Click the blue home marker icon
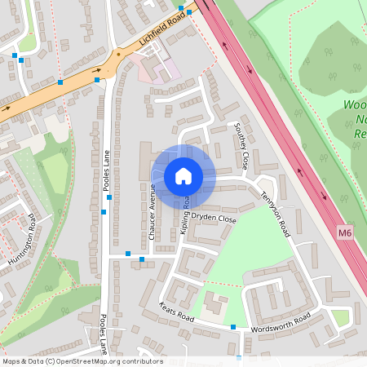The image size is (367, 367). tap(183, 176)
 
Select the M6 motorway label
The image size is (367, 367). tap(346, 233)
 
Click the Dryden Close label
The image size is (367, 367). tap(215, 220)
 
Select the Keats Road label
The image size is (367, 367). tap(175, 315)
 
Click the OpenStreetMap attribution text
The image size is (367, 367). tap(82, 361)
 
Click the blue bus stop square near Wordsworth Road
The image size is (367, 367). tap(233, 327)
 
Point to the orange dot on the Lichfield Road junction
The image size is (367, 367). tap(118, 55)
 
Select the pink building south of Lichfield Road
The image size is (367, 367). tap(159, 69)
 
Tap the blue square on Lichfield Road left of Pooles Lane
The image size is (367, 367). tap(60, 82)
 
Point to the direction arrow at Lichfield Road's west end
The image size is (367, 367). tap(8, 107)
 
